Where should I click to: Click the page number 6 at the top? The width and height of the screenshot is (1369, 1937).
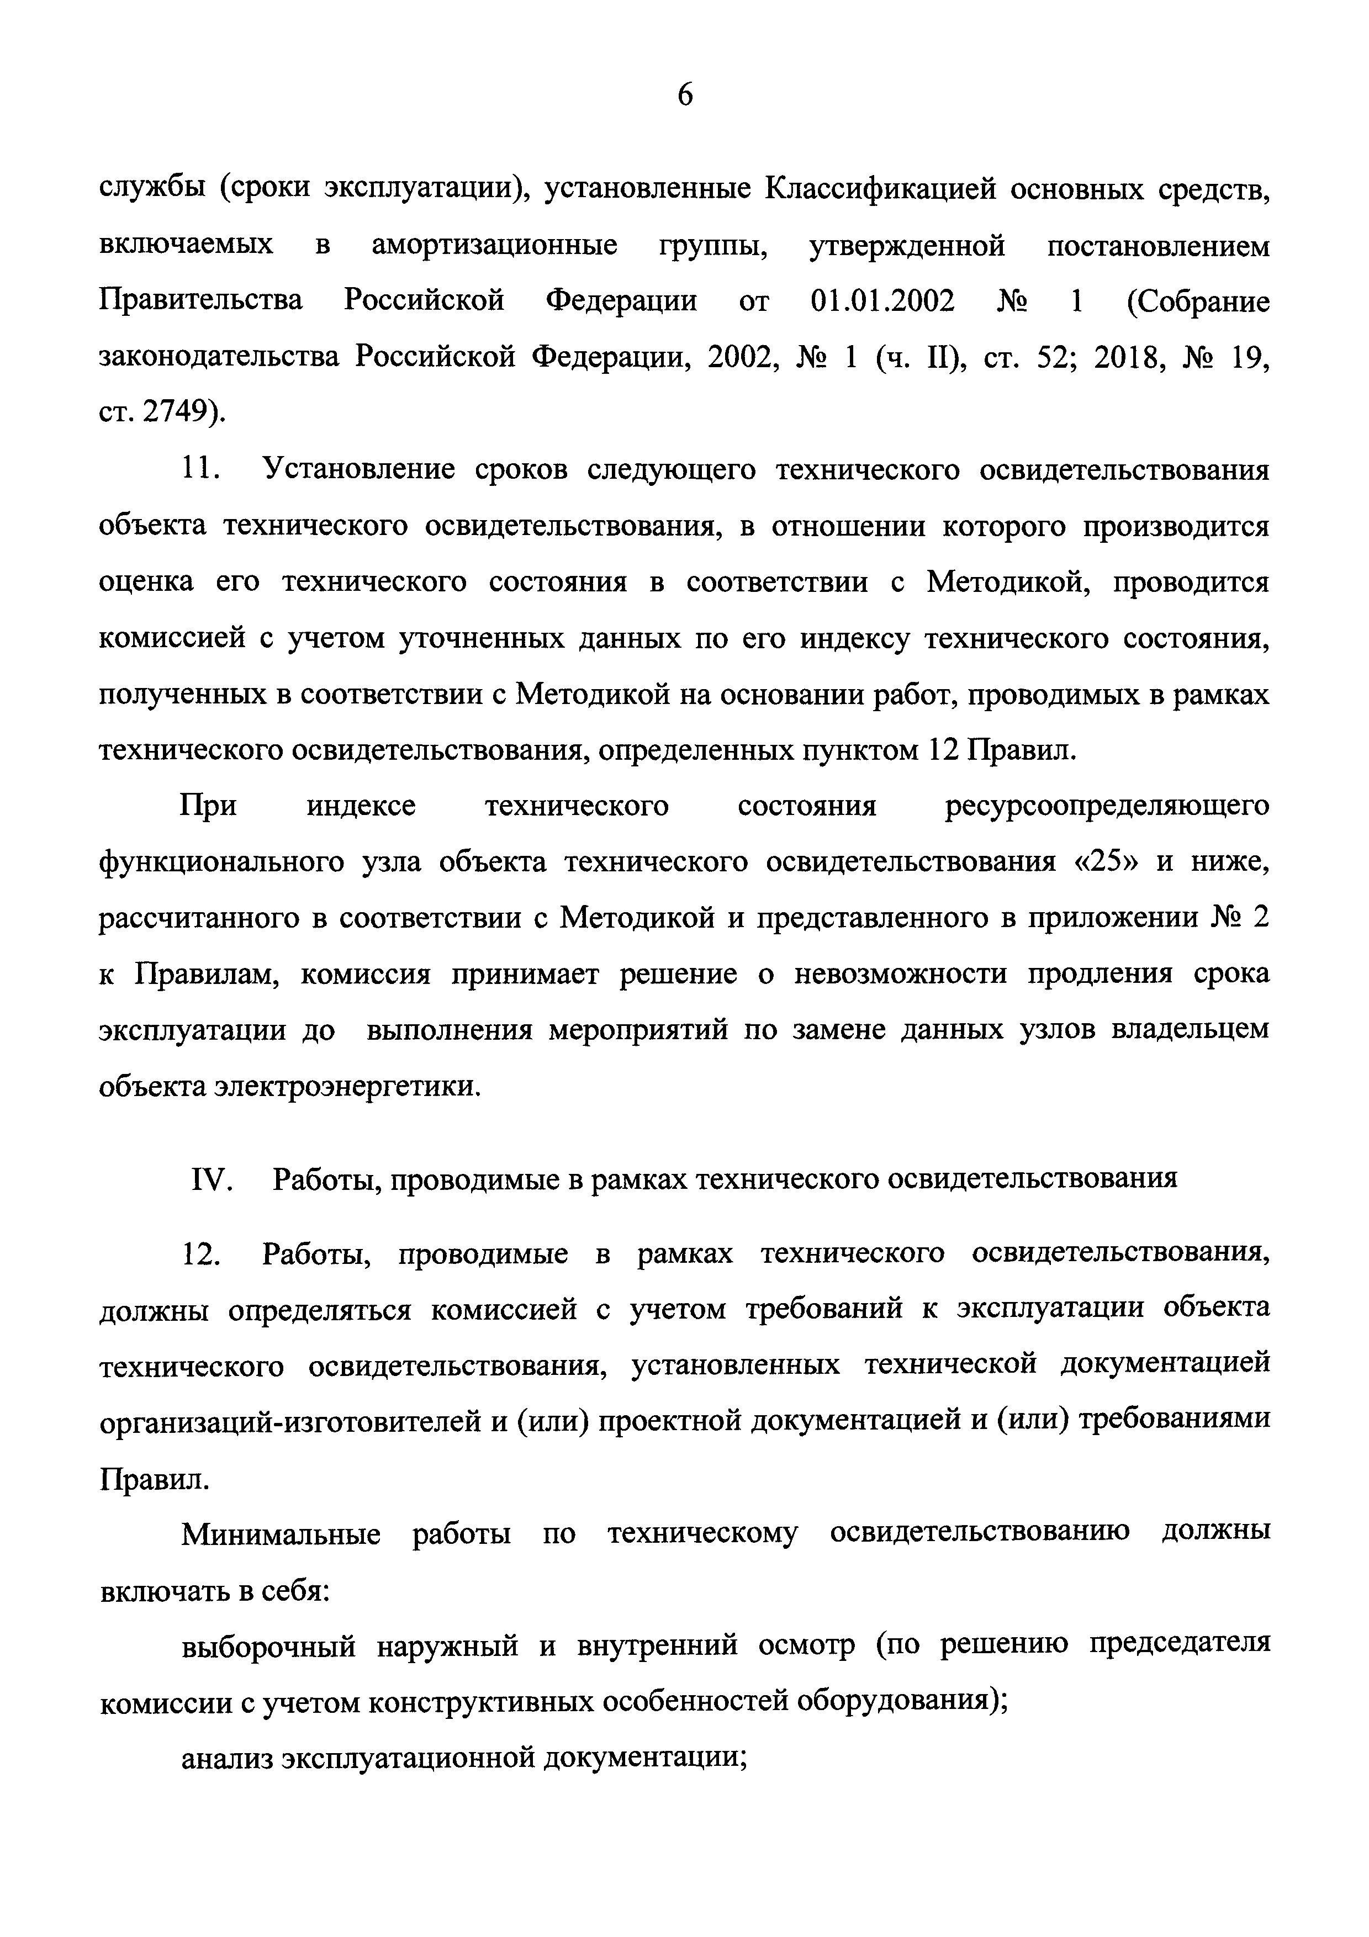click(x=685, y=96)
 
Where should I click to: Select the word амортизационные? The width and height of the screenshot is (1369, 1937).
click(x=494, y=246)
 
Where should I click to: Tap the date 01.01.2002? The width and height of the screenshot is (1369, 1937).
click(x=882, y=301)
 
